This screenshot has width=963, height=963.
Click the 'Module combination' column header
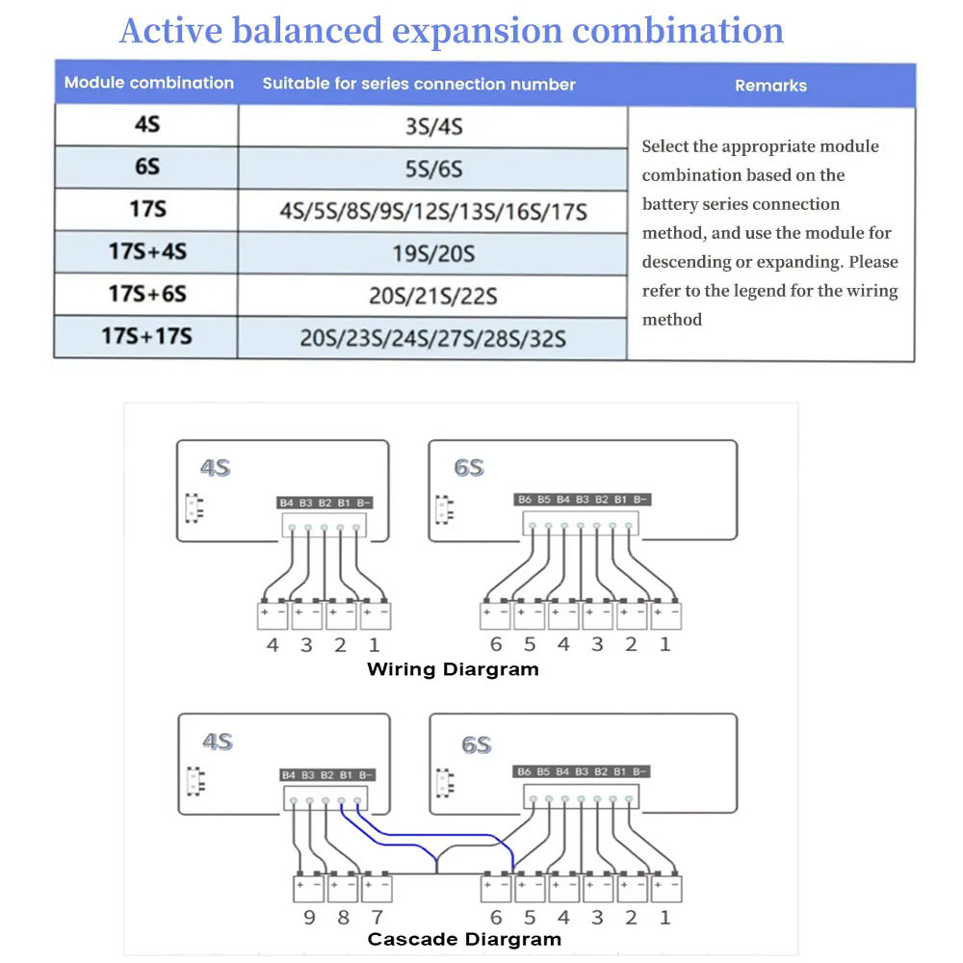148,83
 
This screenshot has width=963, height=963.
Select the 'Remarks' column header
770,86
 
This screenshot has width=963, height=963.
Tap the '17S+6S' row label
147,294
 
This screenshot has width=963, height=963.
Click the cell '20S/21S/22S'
433,296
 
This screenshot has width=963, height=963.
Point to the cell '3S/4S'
433,126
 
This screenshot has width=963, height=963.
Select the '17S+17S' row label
146,336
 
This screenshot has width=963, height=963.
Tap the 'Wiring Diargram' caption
453,668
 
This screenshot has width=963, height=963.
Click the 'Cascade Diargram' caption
464,939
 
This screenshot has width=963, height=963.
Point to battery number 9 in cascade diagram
309,917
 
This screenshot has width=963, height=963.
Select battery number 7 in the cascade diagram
377,917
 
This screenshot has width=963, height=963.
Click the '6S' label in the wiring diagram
469,468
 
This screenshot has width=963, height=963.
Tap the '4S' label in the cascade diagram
217,742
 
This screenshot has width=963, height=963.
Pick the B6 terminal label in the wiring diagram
524,500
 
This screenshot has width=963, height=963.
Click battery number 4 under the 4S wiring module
273,644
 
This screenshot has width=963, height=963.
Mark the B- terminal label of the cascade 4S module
364,774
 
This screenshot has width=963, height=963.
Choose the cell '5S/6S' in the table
433,169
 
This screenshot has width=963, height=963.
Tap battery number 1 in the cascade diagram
664,917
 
